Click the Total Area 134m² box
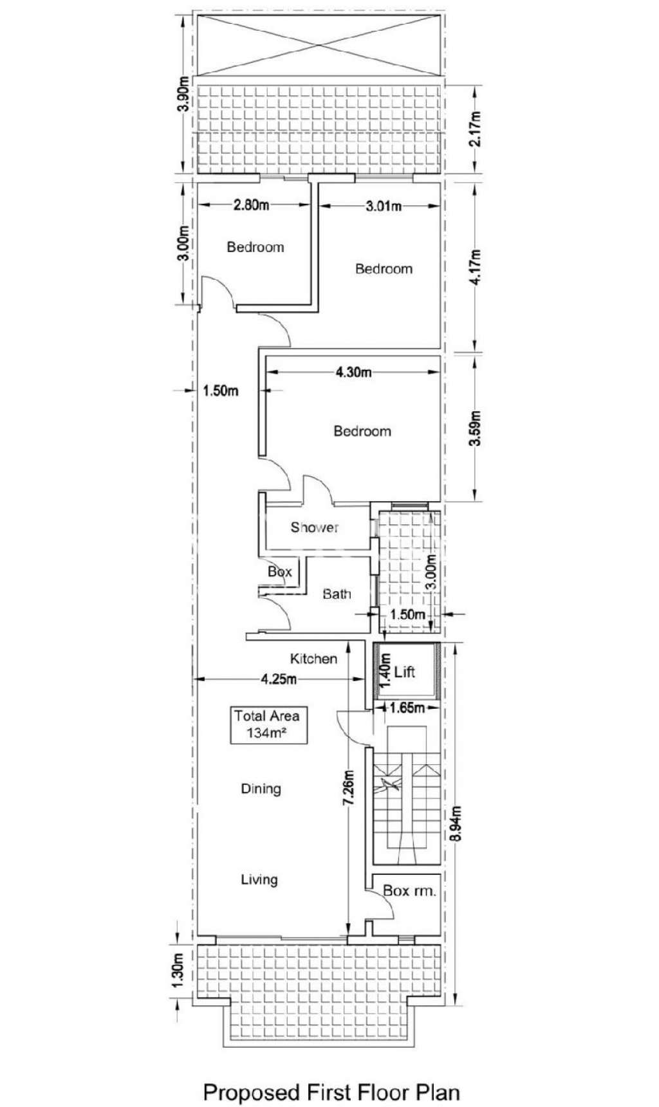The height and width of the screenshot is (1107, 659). (x=268, y=725)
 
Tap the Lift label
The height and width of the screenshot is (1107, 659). (x=405, y=672)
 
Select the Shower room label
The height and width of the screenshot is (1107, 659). (x=314, y=527)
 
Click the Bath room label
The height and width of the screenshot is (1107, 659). (x=337, y=594)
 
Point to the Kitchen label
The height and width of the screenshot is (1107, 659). (x=313, y=659)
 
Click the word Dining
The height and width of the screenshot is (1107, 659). (x=261, y=789)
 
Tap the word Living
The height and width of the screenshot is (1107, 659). (x=259, y=879)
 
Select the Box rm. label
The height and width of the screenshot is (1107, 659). (x=409, y=891)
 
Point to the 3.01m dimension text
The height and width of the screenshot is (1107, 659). (x=384, y=206)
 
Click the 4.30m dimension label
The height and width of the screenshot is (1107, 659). (x=353, y=372)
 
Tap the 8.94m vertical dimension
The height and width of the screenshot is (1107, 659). (x=456, y=823)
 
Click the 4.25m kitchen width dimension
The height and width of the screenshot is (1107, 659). (x=278, y=679)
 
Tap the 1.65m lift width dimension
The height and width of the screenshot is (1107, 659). (x=407, y=708)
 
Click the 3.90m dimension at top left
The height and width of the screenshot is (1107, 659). (x=184, y=94)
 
